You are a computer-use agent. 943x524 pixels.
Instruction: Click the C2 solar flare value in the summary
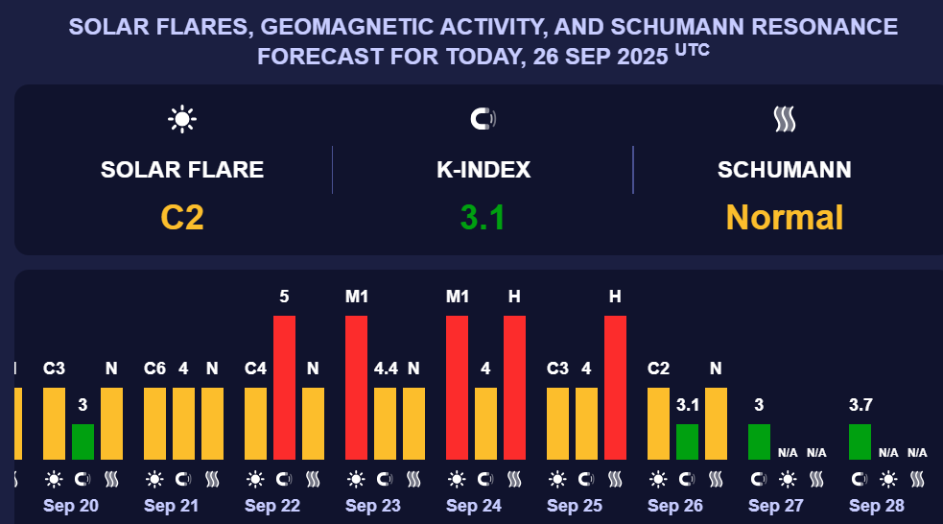point(182,218)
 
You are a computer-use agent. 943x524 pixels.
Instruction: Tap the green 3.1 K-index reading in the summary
point(483,218)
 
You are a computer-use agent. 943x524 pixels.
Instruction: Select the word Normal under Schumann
point(785,218)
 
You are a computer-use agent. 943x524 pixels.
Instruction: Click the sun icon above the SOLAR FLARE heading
point(182,119)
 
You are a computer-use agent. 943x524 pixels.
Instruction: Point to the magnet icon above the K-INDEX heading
point(483,119)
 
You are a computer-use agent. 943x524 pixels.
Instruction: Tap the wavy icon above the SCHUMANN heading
point(785,119)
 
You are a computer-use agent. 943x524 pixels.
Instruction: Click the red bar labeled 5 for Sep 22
point(284,388)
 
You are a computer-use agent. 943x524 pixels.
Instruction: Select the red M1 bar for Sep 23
point(356,388)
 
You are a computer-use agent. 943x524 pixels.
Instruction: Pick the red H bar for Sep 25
point(615,388)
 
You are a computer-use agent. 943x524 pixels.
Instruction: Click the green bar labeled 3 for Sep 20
point(83,441)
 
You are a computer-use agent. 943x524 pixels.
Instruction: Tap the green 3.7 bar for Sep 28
point(860,441)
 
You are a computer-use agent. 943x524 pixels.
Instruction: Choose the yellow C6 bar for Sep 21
point(154,423)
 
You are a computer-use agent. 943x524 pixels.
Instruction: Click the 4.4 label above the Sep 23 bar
point(385,368)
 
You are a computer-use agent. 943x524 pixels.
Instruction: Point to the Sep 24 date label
point(474,505)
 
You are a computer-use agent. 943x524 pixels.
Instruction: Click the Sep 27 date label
point(776,505)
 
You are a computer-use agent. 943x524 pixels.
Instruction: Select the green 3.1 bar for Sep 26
point(687,441)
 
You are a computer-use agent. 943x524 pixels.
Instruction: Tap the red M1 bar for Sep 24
point(457,388)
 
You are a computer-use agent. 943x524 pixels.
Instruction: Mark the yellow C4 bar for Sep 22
point(255,423)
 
